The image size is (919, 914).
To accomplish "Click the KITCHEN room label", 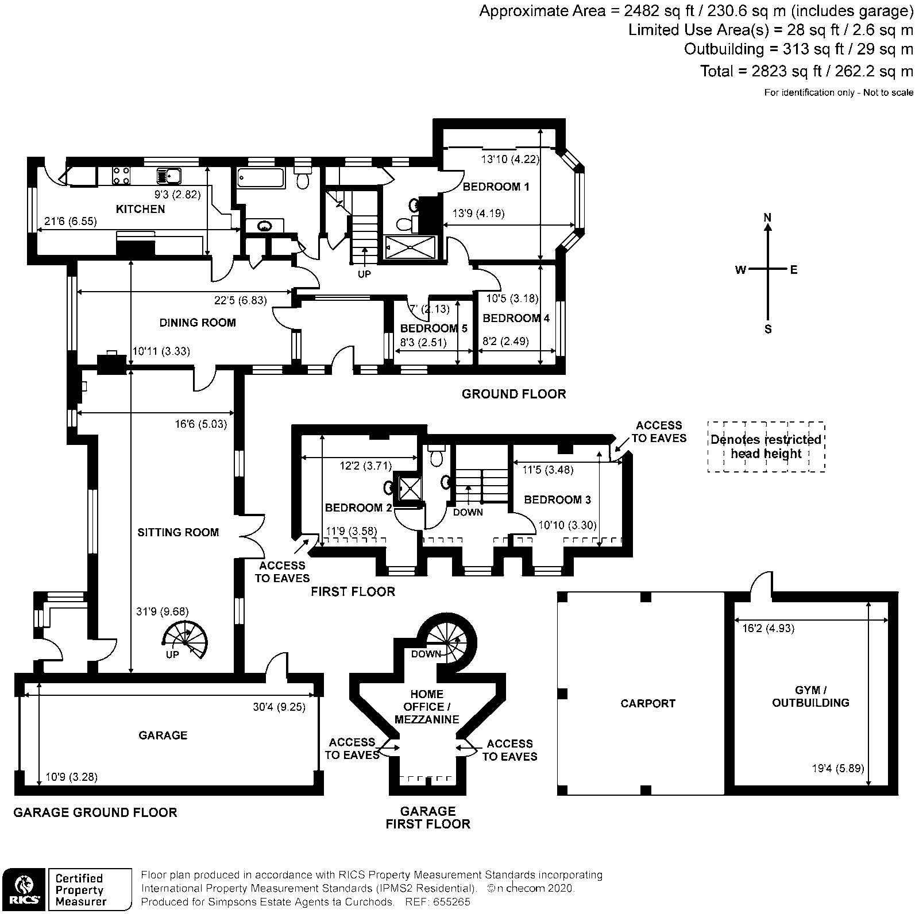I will point(140,209).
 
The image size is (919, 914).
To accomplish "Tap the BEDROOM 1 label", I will point(496,187).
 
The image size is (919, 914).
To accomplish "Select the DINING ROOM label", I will point(197,323).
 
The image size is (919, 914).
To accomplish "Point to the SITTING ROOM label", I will point(178,532).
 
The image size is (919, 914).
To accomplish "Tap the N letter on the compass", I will point(767,218).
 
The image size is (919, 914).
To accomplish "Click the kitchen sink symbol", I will point(168,175).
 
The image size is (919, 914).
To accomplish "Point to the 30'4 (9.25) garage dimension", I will point(279,707).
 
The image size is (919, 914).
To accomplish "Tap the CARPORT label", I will point(648,703).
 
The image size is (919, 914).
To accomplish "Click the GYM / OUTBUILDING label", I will point(810,696).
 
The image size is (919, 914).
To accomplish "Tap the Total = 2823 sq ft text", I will point(806,71).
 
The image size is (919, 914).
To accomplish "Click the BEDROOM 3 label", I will point(557,499).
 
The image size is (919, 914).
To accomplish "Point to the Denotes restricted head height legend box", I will point(766,447).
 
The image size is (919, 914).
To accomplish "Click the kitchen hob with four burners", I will point(121,175).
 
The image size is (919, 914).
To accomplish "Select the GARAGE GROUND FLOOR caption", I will point(95,812).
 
